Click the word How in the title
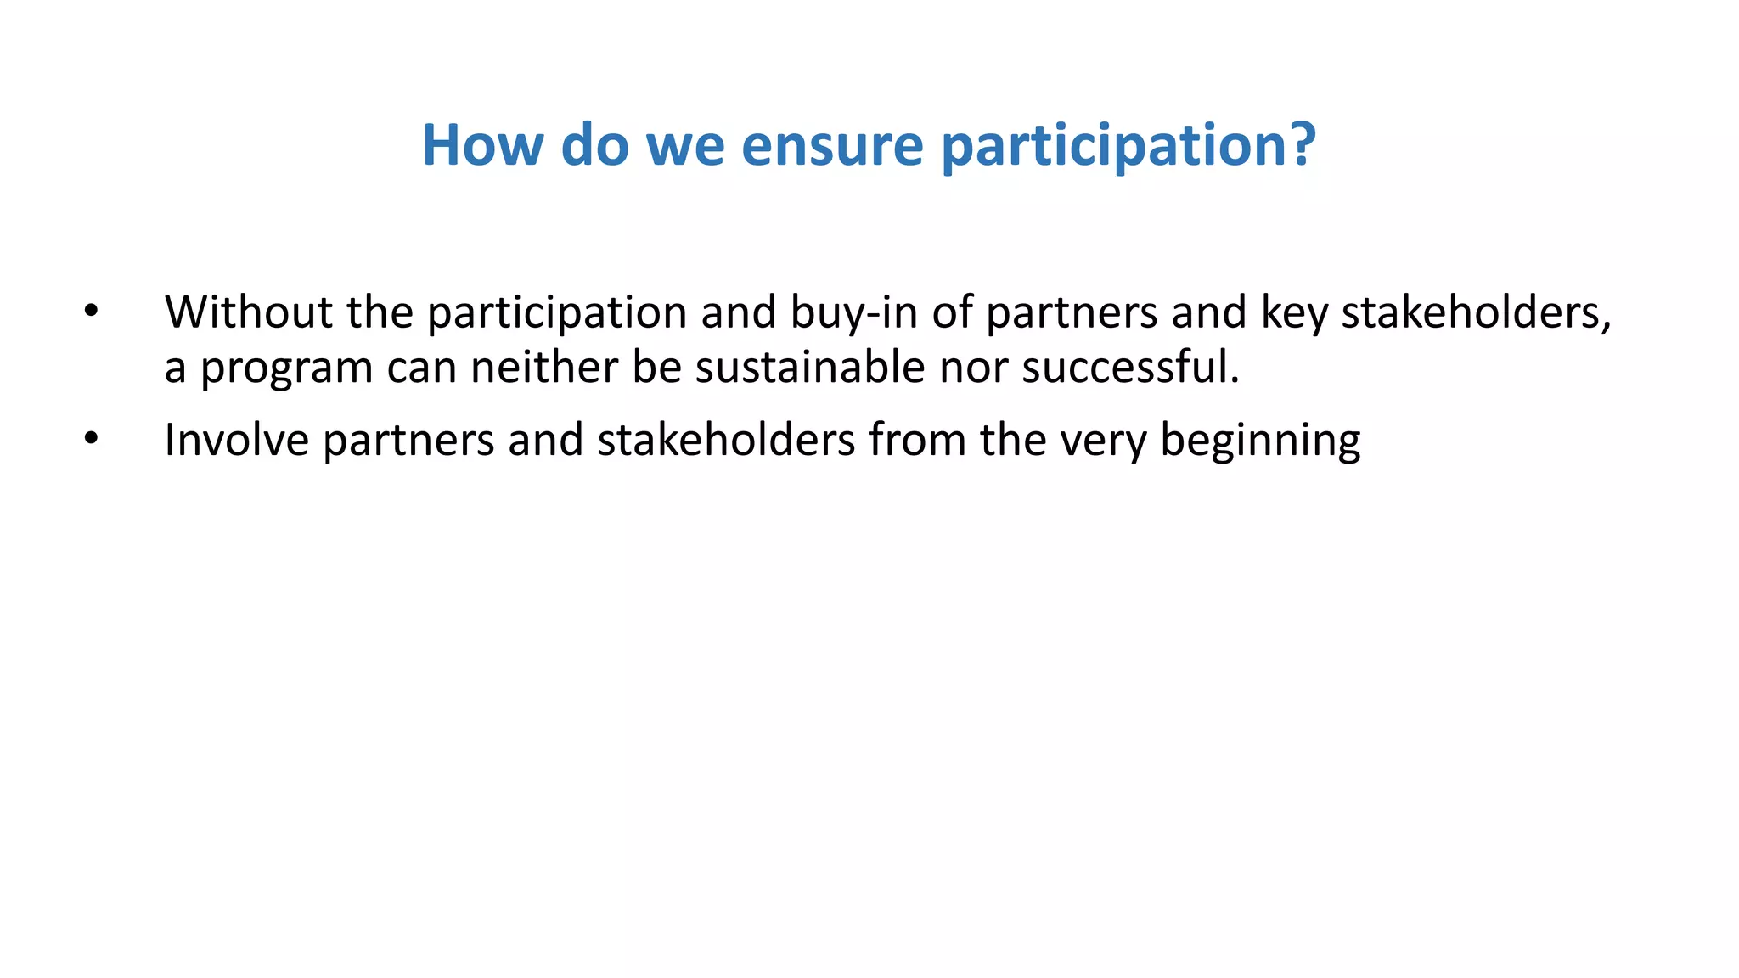click(x=482, y=145)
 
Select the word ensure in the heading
click(x=831, y=145)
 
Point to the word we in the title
click(x=685, y=145)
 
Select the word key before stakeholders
click(x=1294, y=312)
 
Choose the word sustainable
click(x=809, y=368)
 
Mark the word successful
click(x=1129, y=368)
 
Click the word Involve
click(x=236, y=440)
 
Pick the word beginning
click(x=1260, y=441)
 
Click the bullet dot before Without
click(x=91, y=312)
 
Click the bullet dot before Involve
click(x=91, y=439)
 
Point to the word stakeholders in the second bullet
click(x=725, y=440)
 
